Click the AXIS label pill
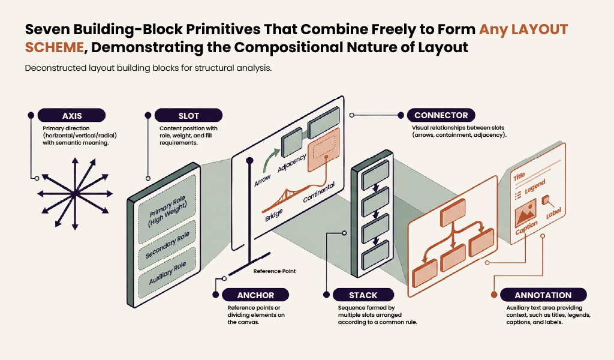pyautogui.click(x=71, y=115)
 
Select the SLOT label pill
pyautogui.click(x=189, y=115)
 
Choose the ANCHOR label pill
pyautogui.click(x=255, y=295)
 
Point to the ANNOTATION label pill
pyautogui.click(x=543, y=295)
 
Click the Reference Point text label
pyautogui.click(x=274, y=271)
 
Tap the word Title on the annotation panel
pyautogui.click(x=519, y=176)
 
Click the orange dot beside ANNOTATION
pyautogui.click(x=493, y=295)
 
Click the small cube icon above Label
pyautogui.click(x=546, y=200)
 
